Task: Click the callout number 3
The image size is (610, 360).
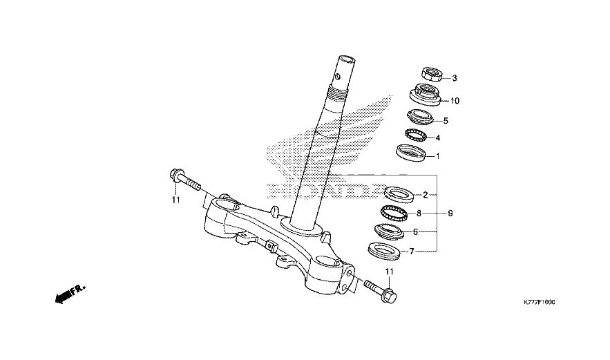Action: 455,78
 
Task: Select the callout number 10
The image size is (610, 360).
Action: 455,101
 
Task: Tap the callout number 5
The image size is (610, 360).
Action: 446,120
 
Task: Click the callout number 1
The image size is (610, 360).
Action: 437,155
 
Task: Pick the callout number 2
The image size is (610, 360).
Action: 426,195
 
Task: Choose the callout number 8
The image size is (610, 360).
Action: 419,214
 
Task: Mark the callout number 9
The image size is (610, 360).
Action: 450,214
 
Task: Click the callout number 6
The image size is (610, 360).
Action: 415,233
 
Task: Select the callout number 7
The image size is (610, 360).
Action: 412,252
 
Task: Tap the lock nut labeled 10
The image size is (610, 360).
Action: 427,93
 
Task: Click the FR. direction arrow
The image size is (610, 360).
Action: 69,294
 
